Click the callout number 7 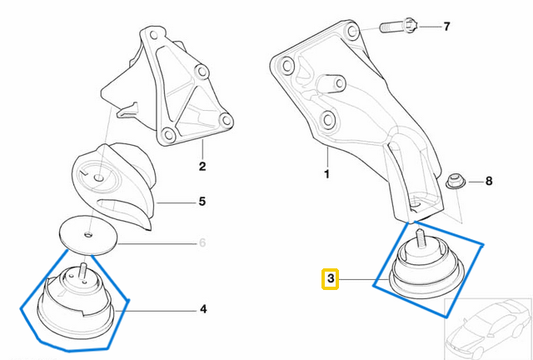click(x=446, y=27)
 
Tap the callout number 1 click(x=327, y=175)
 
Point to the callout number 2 click(x=202, y=167)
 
